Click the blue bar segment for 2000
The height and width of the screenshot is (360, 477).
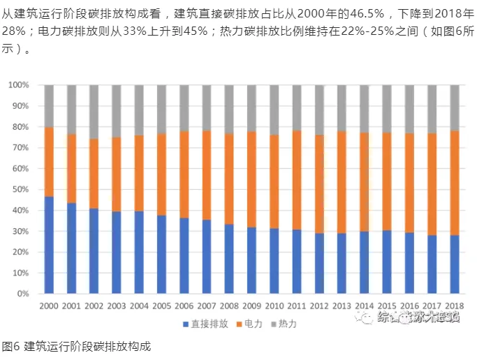click(x=49, y=245)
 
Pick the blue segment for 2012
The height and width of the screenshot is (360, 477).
click(x=319, y=263)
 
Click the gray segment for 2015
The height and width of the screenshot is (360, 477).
click(x=387, y=108)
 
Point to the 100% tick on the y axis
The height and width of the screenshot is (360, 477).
click(x=19, y=85)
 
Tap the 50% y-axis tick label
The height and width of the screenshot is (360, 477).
click(x=21, y=190)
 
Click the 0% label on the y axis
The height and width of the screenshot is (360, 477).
click(x=24, y=294)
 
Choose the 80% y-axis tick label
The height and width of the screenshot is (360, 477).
click(x=21, y=127)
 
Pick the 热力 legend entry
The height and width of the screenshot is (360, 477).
click(x=287, y=324)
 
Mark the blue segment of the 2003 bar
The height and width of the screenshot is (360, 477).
click(x=117, y=252)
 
